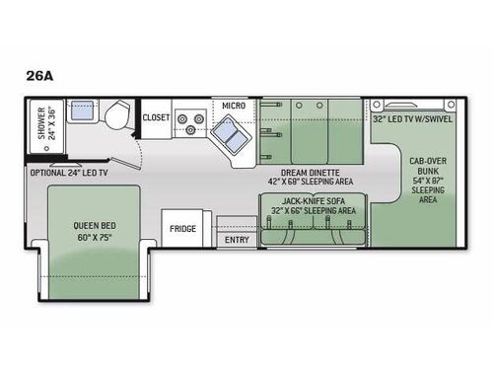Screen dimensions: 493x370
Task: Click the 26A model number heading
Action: pos(39,76)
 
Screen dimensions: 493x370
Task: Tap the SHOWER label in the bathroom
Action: pos(41,123)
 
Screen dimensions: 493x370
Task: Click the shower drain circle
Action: pos(46,148)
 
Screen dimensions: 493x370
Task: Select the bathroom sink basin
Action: pos(82,111)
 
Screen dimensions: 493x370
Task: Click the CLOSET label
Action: pos(156,117)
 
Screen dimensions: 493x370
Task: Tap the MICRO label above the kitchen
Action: pos(234,106)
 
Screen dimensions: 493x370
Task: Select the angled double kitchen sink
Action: pos(231,134)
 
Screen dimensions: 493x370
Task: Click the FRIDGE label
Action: pos(182,229)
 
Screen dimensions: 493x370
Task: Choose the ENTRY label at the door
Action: pos(237,240)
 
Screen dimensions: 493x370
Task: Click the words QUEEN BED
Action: pos(95,226)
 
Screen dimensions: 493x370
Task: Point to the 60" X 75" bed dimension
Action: pos(95,237)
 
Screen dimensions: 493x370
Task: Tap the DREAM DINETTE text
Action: pos(311,173)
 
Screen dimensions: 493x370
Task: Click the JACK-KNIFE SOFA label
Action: pos(314,201)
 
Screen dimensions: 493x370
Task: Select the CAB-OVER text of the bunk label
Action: pos(428,161)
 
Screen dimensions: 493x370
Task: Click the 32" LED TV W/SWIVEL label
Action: pos(412,119)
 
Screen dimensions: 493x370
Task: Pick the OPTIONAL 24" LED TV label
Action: pos(69,173)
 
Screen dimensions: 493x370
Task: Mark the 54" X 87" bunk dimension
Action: pos(428,181)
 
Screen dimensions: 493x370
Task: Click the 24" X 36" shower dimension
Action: pos(52,123)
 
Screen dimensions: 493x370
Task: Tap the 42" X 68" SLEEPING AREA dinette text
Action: pos(311,182)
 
